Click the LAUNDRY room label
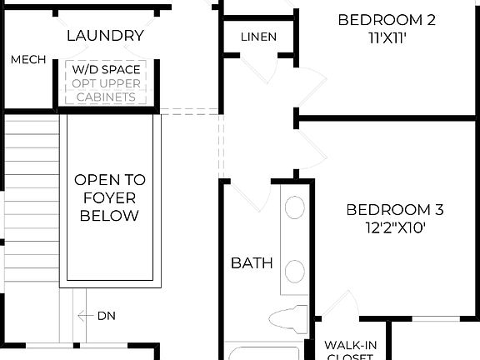point(105,36)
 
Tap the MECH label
point(27,60)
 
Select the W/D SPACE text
point(106,68)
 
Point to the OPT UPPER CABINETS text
point(106,90)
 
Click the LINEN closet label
point(258,37)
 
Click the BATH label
point(252,263)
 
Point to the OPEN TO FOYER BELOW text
point(109,197)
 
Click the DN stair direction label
point(107,316)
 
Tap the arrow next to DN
point(84,316)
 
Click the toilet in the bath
point(288,318)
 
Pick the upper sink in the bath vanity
point(295,207)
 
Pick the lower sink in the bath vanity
point(295,272)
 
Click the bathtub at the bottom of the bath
point(263,353)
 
